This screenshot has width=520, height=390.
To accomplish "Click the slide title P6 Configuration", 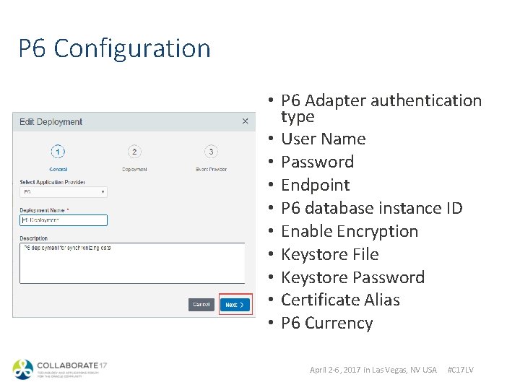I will coord(114,48).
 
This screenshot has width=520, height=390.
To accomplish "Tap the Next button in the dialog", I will coord(235,305).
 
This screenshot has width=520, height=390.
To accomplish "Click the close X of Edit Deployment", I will coord(245,121).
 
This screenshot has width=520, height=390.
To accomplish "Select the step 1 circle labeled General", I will coord(58,152).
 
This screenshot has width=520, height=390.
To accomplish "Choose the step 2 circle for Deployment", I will coord(134,152).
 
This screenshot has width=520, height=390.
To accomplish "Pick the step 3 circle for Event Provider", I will coord(210,152).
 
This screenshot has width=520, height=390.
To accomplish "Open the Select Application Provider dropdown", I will coord(63,193).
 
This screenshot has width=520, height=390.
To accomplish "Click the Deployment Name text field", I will coord(64,220).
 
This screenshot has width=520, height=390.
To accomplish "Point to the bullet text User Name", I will coord(323,139).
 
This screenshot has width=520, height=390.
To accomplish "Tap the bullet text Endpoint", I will coord(315,185).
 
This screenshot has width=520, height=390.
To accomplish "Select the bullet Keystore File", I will coord(329,254).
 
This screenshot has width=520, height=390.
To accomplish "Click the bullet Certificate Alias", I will coord(340,300).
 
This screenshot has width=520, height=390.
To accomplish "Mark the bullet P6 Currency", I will coord(326,323).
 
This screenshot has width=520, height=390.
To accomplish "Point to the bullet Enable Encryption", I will coord(350,231).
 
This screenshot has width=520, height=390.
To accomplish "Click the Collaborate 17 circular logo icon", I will coord(23,370).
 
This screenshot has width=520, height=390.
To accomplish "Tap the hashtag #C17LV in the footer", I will coord(461,370).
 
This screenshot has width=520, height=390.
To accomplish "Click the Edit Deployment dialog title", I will coord(51,122).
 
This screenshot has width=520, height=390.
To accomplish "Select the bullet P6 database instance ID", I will coord(371,208).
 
